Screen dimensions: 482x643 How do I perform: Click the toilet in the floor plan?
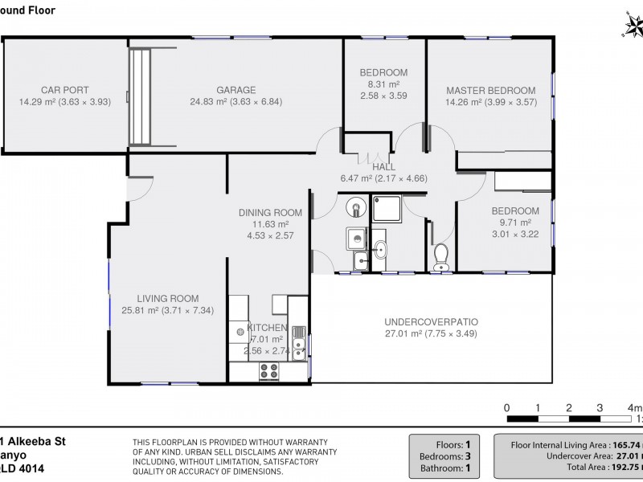point(440,256)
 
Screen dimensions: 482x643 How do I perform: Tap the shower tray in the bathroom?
point(388,208)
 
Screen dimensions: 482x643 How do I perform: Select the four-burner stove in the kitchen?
point(268,371)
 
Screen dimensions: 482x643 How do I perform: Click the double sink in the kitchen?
point(299,341)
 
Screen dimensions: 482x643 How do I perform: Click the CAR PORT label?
point(64,90)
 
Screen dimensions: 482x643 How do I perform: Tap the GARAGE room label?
point(235,90)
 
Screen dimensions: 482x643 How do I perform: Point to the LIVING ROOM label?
point(167,298)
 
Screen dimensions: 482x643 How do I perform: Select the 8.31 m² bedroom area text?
point(383,84)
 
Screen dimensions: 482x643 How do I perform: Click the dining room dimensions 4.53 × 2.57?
point(270,236)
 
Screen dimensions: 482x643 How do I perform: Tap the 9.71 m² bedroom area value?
point(515,223)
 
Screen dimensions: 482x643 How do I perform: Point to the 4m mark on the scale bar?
point(633,407)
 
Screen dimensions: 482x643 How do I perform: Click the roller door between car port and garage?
point(141,96)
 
